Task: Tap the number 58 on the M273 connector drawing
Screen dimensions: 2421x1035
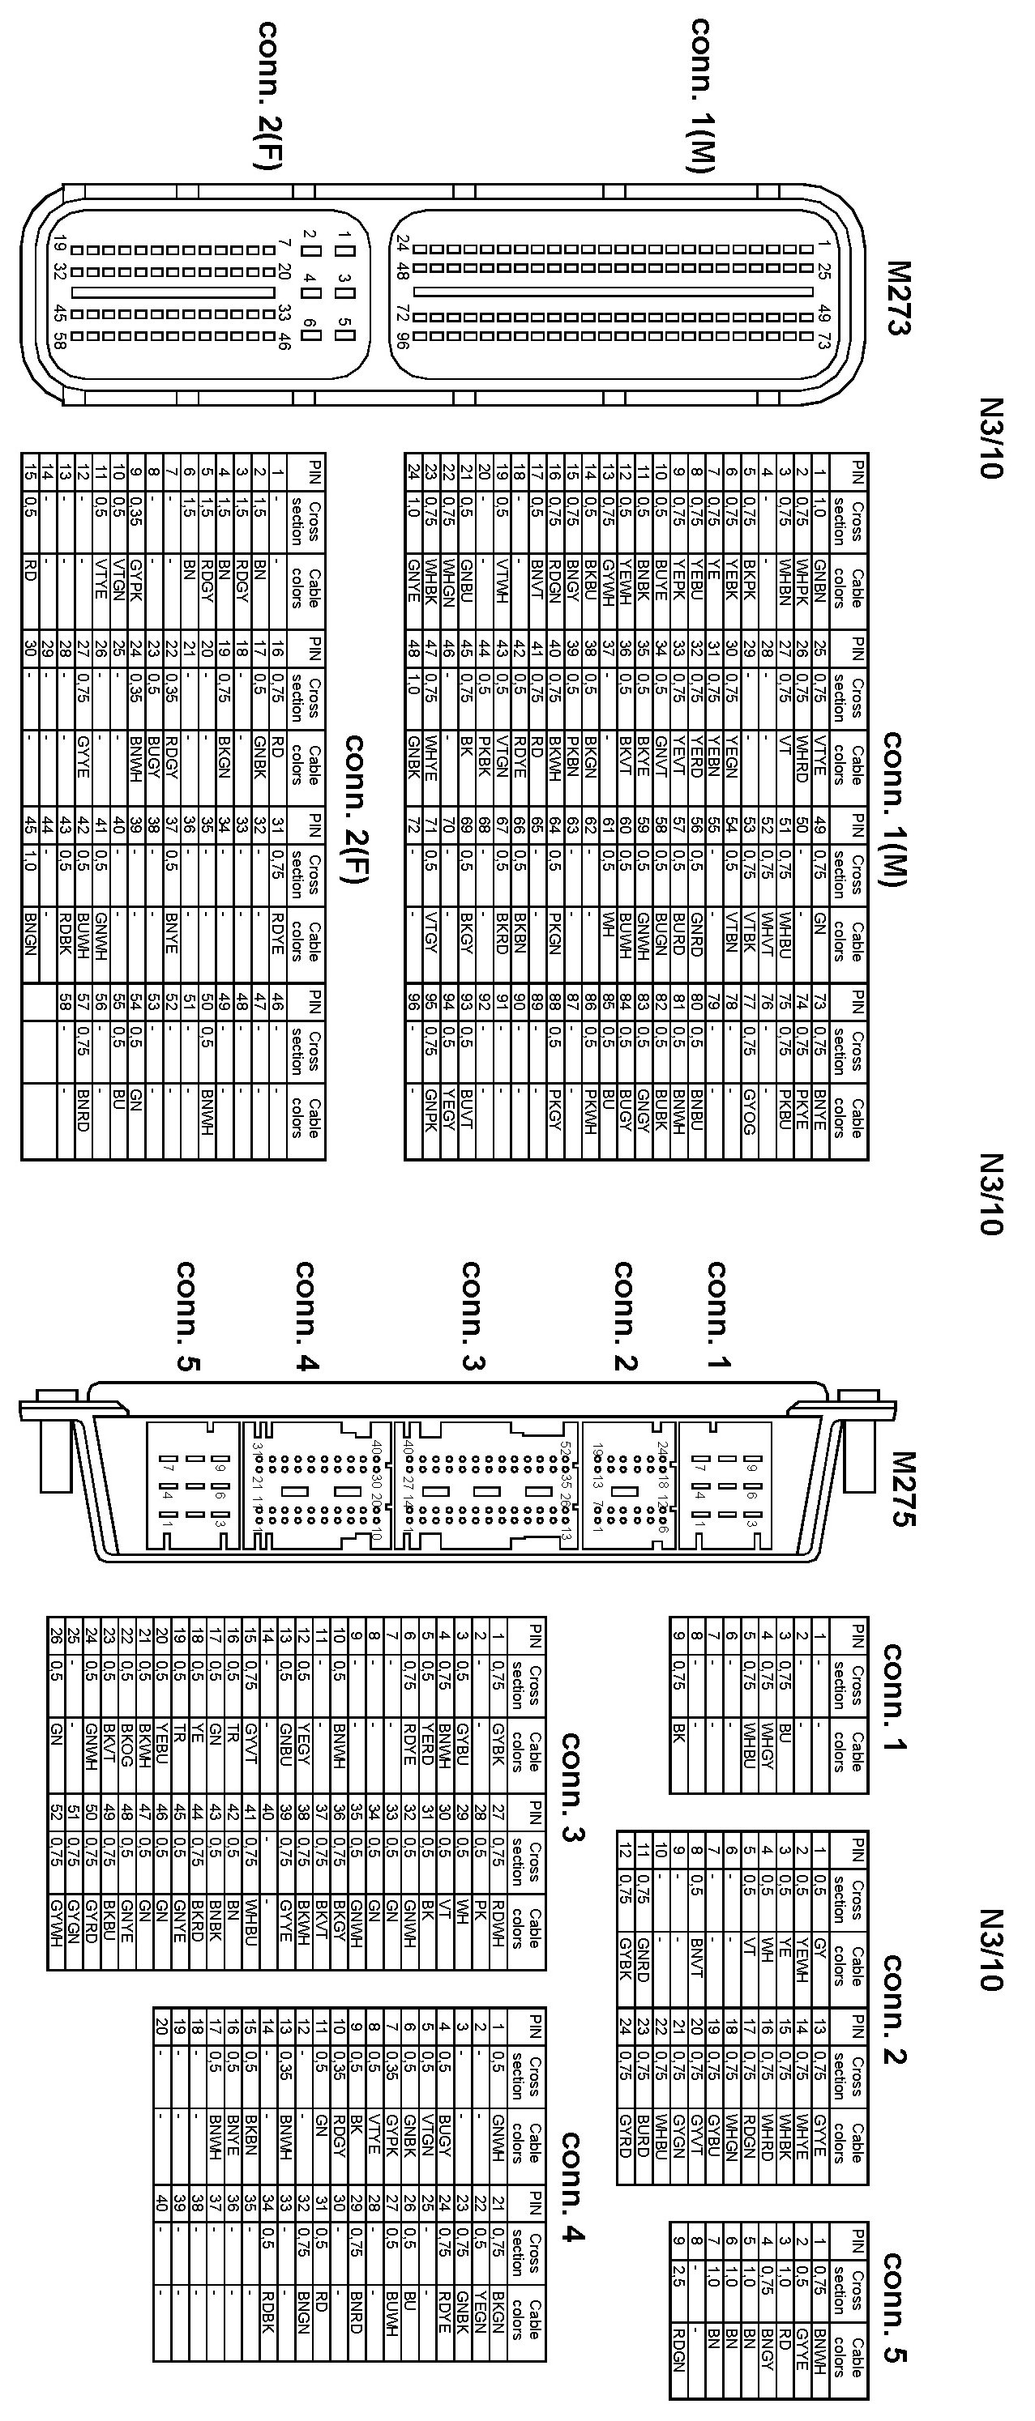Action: pos(59,340)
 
